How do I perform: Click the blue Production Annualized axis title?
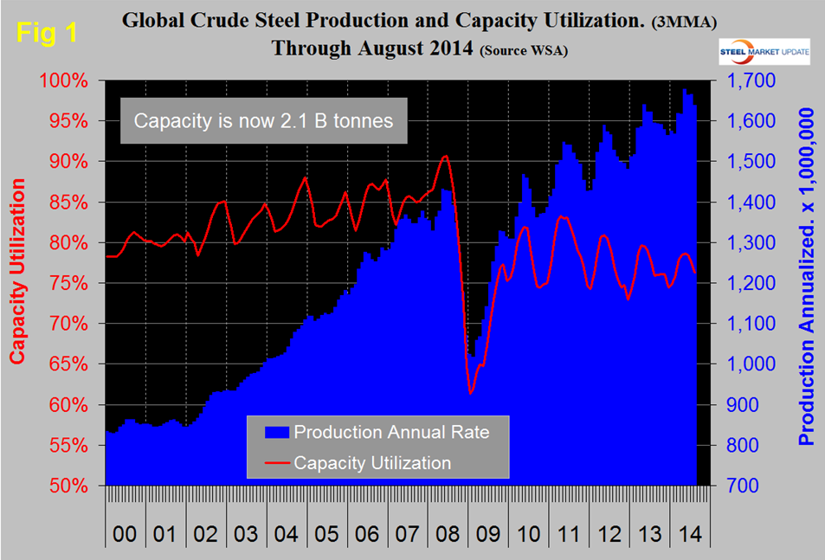807,277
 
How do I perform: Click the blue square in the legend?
269,431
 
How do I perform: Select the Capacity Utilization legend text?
372,463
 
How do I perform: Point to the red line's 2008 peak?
445,157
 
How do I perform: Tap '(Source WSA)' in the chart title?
524,50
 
